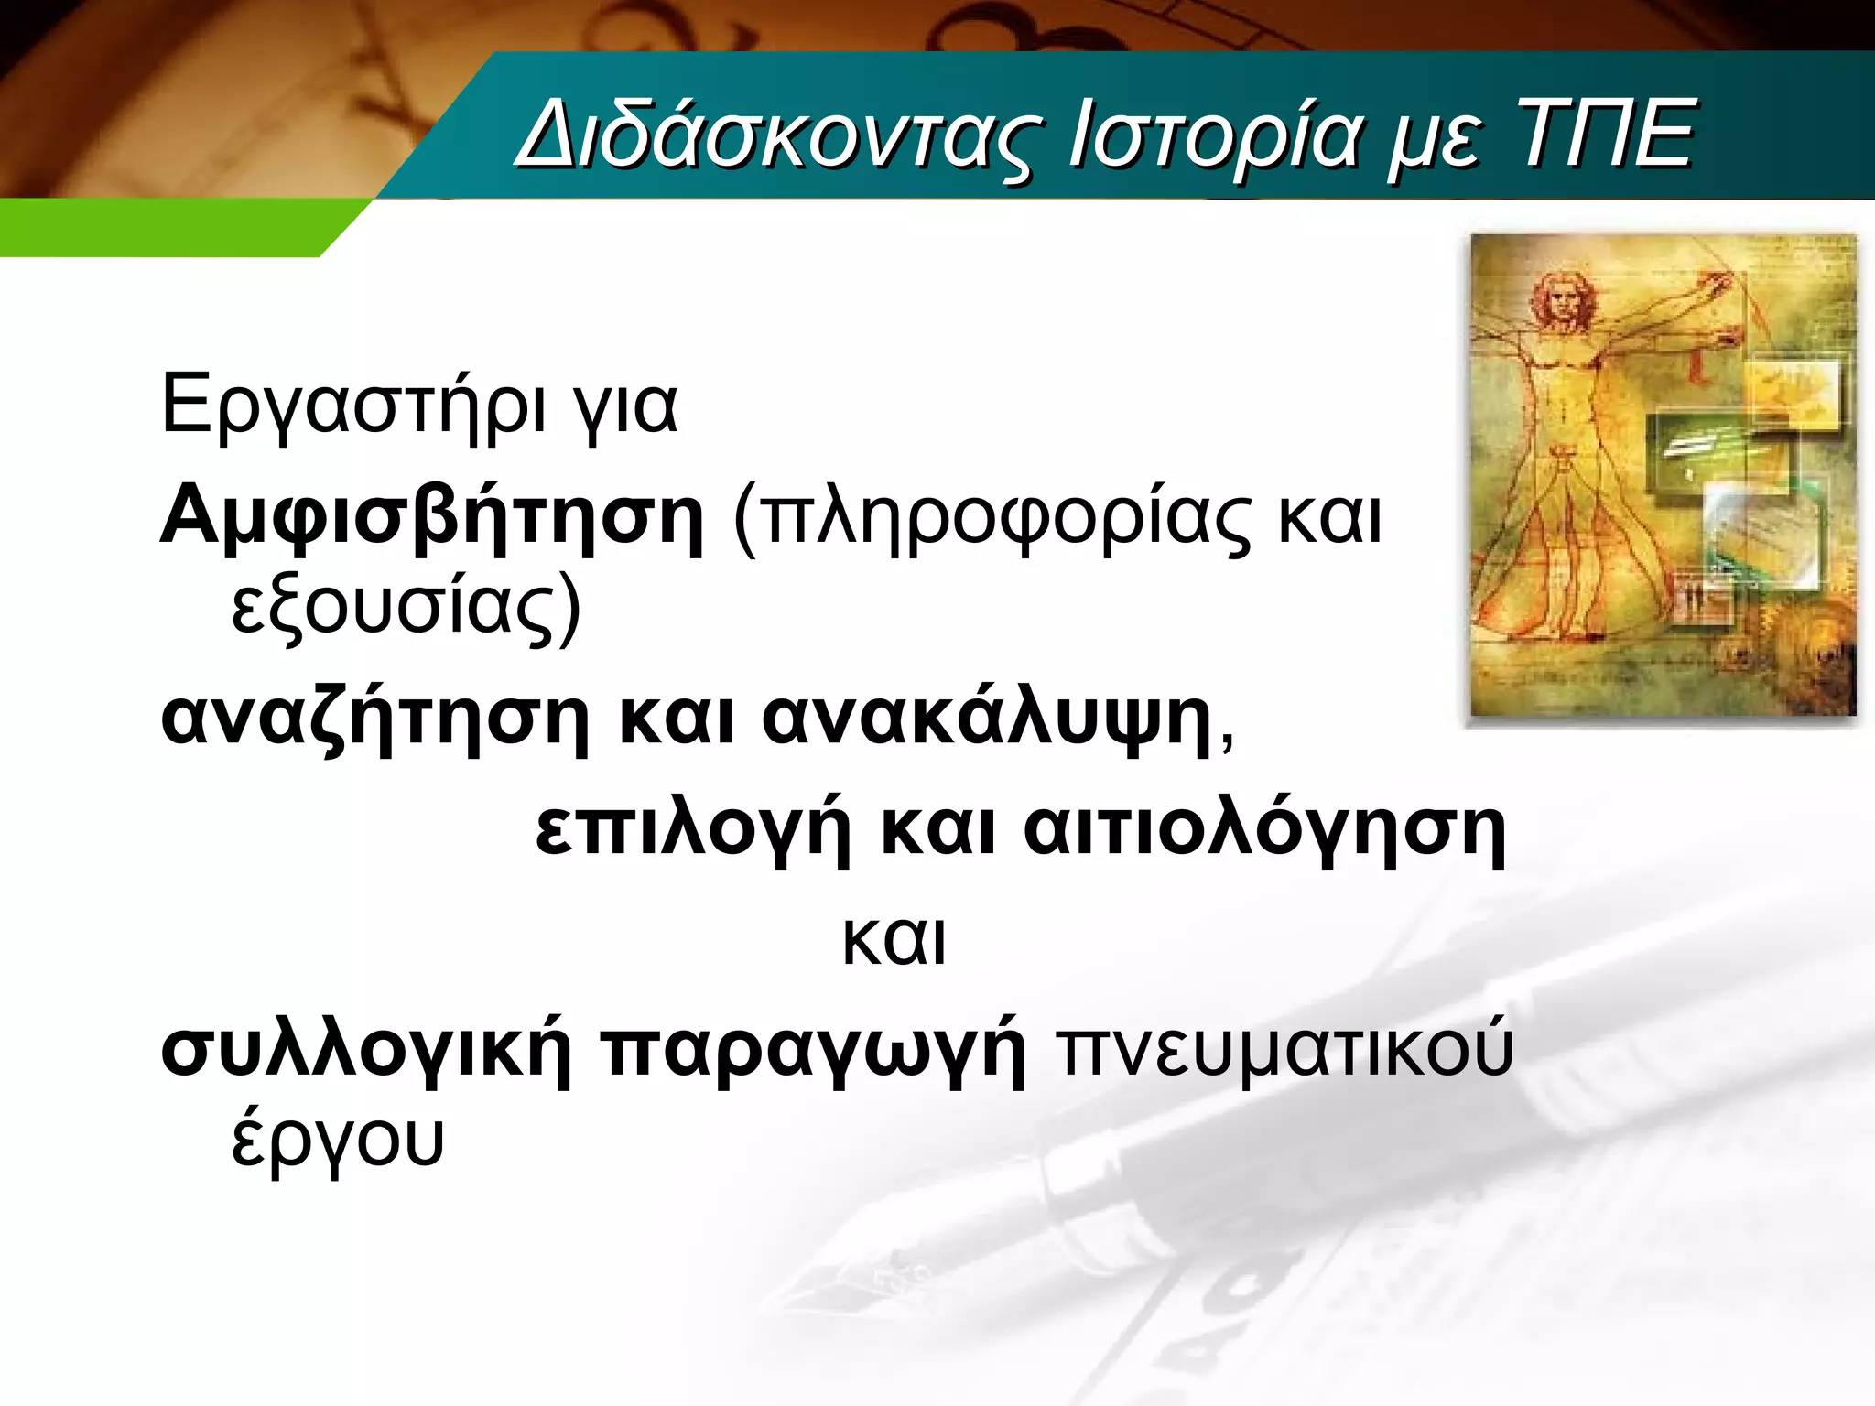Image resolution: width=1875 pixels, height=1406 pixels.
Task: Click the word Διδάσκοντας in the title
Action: tap(778, 137)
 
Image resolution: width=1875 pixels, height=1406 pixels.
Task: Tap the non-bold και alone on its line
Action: tap(894, 941)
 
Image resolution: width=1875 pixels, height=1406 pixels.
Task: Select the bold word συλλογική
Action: tap(366, 1051)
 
